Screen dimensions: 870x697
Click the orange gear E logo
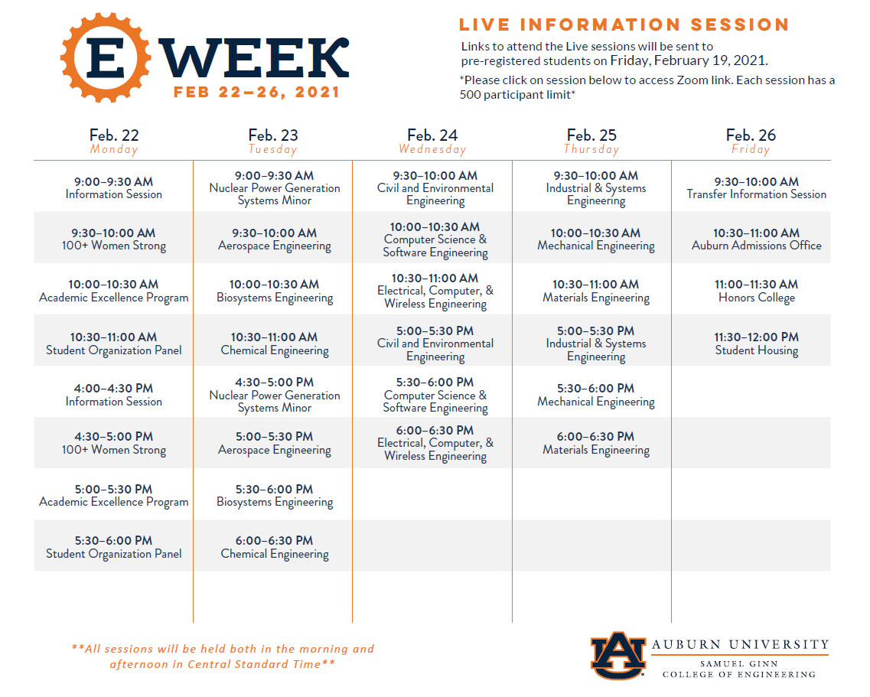tap(106, 57)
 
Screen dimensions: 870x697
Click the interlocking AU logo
tap(618, 656)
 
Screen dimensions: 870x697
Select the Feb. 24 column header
tap(432, 141)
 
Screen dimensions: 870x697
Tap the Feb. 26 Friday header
tap(751, 141)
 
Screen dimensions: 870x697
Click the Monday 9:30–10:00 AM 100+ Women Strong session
tap(114, 239)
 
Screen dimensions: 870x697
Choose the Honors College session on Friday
tap(756, 291)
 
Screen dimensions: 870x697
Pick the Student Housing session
tap(756, 344)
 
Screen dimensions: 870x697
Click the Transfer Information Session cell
tap(756, 187)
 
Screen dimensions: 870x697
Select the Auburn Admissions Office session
tap(756, 239)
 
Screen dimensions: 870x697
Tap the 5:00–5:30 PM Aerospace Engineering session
tap(274, 443)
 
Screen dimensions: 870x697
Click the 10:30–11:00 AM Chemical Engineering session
tap(274, 344)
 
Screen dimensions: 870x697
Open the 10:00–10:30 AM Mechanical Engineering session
tap(596, 239)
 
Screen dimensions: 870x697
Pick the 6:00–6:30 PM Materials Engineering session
tap(596, 443)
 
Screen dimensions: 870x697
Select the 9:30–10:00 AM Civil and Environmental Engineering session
tap(435, 187)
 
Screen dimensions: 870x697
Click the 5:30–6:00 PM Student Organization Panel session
tap(114, 546)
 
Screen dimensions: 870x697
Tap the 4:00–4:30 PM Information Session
tap(114, 395)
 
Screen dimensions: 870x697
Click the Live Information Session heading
tap(624, 24)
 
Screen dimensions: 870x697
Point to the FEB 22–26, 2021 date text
tap(256, 92)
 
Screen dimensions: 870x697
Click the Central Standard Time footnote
tap(223, 656)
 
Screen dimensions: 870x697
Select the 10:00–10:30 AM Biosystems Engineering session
tap(274, 291)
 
